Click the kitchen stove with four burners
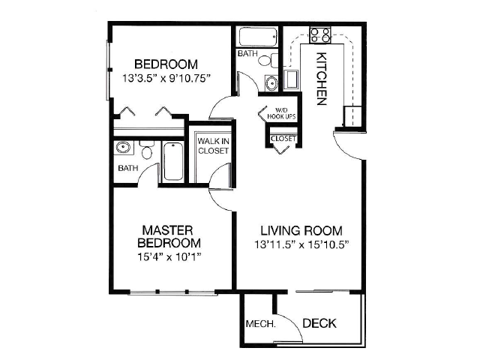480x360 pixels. [x=321, y=34]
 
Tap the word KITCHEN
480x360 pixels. [x=321, y=79]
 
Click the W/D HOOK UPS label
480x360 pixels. [x=281, y=114]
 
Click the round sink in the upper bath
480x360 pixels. [x=271, y=82]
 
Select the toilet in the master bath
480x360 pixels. [x=147, y=151]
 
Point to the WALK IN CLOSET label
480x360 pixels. [x=213, y=145]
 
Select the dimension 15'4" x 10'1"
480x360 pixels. [x=169, y=257]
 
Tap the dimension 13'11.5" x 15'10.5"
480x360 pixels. [x=301, y=244]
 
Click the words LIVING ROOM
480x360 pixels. [x=301, y=230]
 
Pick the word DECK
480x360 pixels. [x=319, y=324]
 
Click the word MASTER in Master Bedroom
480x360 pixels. [x=169, y=229]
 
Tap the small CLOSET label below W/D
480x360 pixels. [x=283, y=139]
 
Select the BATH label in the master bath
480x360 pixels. [x=127, y=168]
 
